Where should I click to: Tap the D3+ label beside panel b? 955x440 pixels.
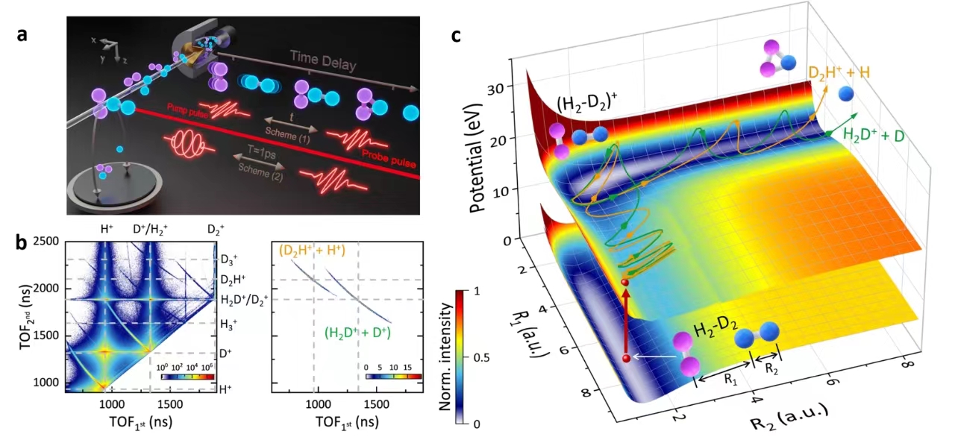[233, 260]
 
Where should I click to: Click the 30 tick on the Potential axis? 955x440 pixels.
[509, 87]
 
